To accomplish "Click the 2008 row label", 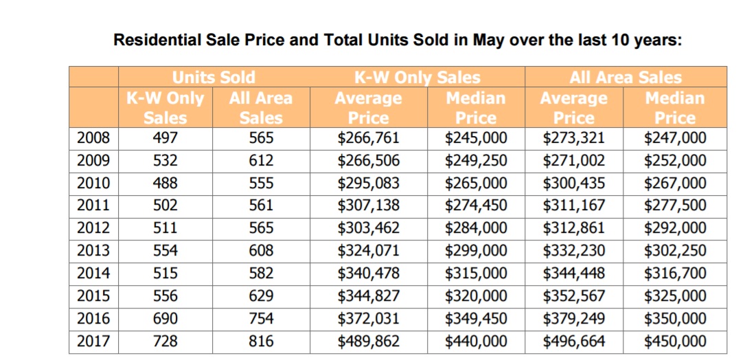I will tap(93, 138).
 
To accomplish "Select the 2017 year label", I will tap(93, 341).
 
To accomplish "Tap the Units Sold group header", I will tap(214, 77).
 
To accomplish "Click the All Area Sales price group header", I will tap(626, 77).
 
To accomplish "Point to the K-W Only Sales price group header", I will tap(417, 77).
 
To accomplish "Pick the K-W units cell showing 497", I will tap(165, 138).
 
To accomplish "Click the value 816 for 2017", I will tap(261, 341).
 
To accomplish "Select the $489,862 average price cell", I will tap(369, 341).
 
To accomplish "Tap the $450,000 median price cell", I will tap(675, 341).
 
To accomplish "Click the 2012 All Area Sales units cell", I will tap(261, 228).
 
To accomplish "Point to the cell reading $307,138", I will tap(369, 205).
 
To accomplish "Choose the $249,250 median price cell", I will tap(476, 161).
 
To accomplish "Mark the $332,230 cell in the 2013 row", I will tap(574, 251).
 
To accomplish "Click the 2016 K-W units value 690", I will tap(165, 319).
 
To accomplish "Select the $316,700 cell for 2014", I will tap(675, 273).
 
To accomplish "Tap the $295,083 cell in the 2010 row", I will tap(369, 183).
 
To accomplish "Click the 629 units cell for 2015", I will tap(261, 296).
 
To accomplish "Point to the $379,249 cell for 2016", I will tap(574, 319).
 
